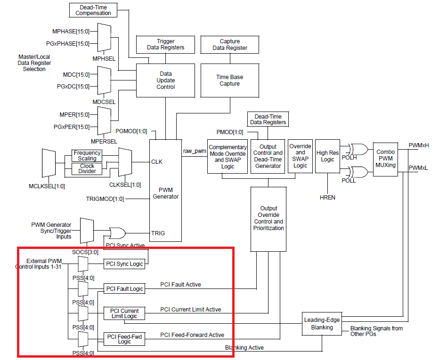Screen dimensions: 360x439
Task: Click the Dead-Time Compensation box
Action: click(93, 9)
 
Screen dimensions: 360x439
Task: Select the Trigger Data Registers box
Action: click(165, 44)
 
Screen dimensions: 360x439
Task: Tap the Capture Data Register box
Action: click(230, 44)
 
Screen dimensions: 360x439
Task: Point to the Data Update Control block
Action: click(165, 80)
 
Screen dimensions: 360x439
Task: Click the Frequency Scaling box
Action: click(87, 155)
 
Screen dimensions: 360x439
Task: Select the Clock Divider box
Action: click(87, 168)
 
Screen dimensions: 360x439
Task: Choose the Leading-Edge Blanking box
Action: click(322, 324)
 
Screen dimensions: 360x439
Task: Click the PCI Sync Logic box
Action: click(124, 264)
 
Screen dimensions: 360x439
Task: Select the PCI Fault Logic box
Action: click(124, 288)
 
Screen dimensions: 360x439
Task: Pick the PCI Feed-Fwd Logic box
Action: click(124, 339)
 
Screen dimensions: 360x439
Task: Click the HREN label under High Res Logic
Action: click(327, 198)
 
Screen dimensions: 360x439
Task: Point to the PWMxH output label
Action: click(419, 145)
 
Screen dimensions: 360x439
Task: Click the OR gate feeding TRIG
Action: click(117, 233)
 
